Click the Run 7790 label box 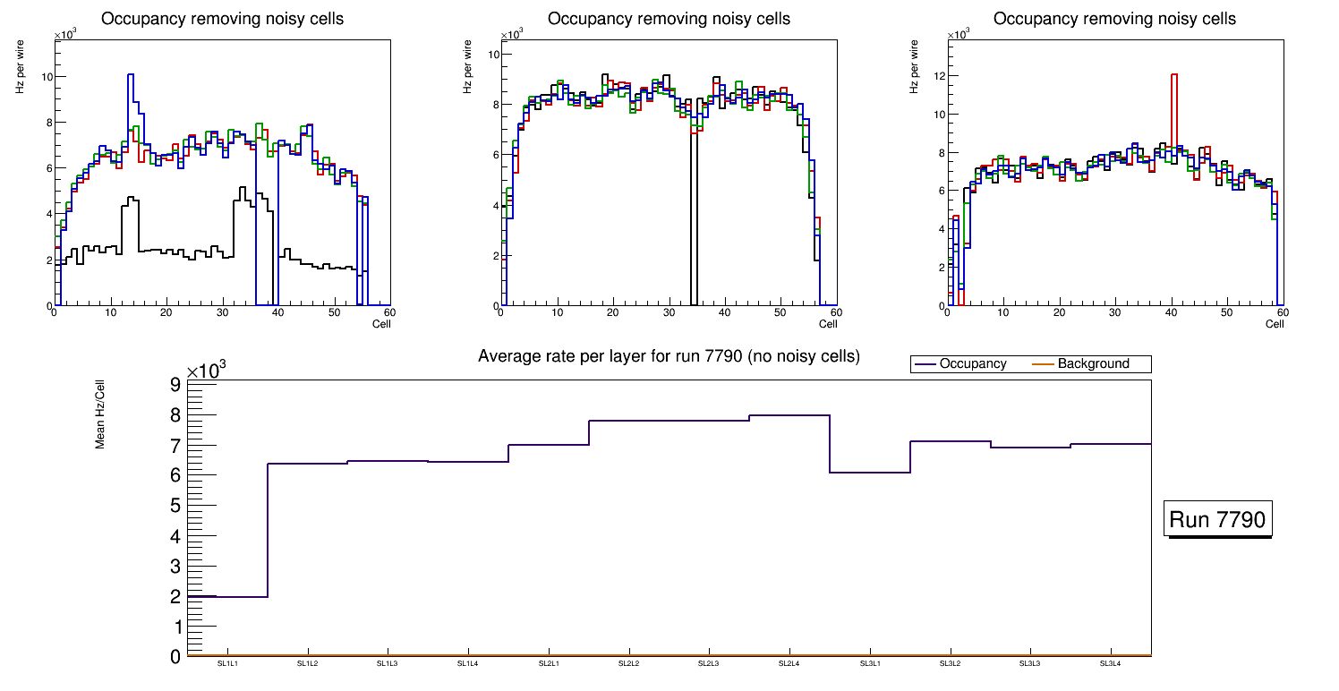click(1218, 520)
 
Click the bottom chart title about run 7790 click(669, 356)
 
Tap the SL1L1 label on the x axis click(227, 663)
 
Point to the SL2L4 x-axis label click(789, 663)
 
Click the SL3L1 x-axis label click(870, 663)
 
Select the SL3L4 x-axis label click(1111, 663)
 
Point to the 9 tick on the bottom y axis click(175, 385)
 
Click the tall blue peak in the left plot click(131, 79)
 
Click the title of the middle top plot click(669, 19)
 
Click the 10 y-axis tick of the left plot click(47, 76)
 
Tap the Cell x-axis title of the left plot click(381, 323)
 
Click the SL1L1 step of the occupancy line click(227, 596)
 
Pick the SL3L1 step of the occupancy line click(870, 472)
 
